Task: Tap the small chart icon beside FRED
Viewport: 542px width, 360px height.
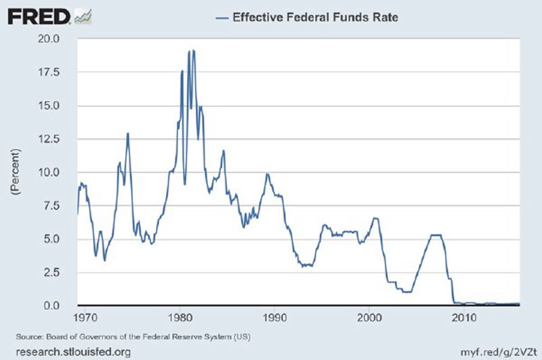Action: (x=83, y=15)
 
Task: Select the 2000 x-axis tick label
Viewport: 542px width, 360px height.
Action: (x=369, y=317)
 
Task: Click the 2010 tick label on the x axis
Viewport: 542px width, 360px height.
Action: (x=463, y=317)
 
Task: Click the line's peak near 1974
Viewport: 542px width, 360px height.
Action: (x=127, y=134)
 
